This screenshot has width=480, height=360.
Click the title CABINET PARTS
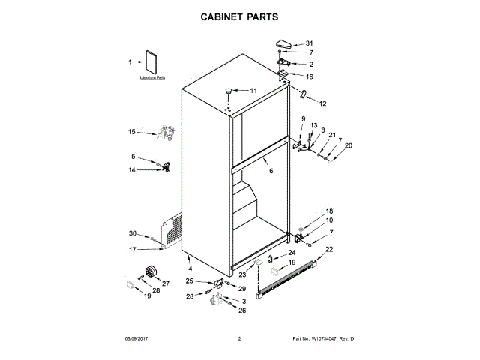point(240,15)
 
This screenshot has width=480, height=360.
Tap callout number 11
point(253,91)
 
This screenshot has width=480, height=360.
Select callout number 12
point(323,103)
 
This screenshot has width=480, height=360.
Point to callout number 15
point(131,132)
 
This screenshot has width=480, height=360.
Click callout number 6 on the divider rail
point(271,172)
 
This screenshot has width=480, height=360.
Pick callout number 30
point(133,233)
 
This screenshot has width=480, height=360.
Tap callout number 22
point(329,248)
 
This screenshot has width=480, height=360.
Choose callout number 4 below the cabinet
point(190,268)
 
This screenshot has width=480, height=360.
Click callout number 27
point(166,283)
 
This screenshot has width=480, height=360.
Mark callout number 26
point(242,310)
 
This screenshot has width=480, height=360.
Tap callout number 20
point(348,145)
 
